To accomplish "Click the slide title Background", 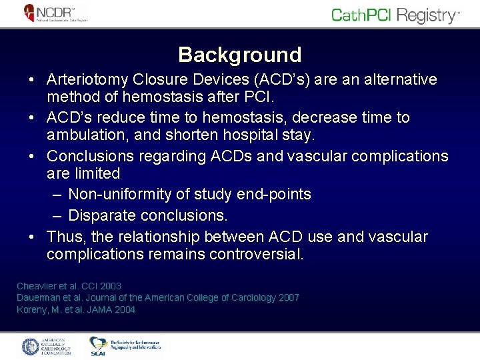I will coord(240,54).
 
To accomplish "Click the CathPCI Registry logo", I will coord(395,15).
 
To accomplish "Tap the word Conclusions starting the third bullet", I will coord(89,156).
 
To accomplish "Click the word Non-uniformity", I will coord(120,195).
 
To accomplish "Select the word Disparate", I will coord(99,216).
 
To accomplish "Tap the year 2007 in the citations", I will coord(287,298).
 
